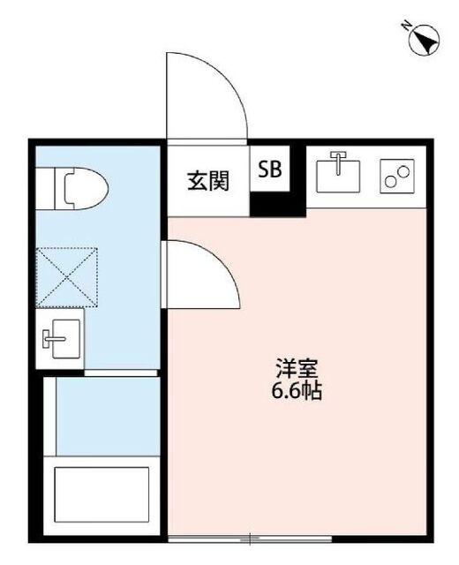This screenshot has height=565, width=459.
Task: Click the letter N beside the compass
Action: pyautogui.click(x=407, y=26)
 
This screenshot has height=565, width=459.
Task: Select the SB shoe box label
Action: pyautogui.click(x=269, y=170)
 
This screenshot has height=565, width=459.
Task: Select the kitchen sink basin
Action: pyautogui.click(x=340, y=173)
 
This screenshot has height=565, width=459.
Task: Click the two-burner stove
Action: pyautogui.click(x=396, y=176)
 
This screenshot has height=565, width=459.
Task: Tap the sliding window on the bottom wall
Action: pyautogui.click(x=252, y=538)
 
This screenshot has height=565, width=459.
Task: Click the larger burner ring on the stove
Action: pyautogui.click(x=390, y=183)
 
